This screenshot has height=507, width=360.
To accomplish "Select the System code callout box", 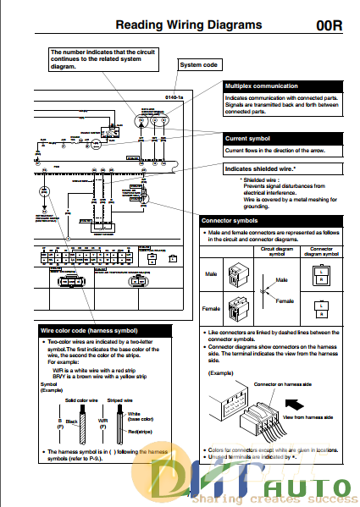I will [199, 64].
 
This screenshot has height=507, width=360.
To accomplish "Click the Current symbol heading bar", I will [272, 137].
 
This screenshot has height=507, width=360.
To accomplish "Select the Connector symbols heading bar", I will [272, 220].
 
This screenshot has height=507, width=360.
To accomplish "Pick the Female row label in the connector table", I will [212, 309].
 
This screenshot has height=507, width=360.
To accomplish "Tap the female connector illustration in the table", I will [240, 308].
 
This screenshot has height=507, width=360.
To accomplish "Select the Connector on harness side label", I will [280, 383].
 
